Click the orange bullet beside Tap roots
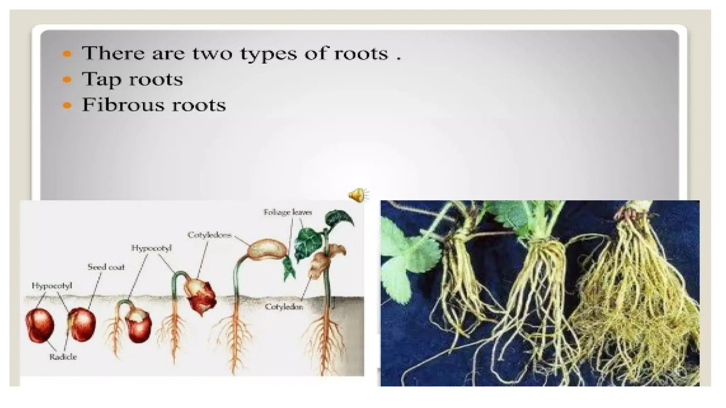[67, 79]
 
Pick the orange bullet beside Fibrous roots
[67, 105]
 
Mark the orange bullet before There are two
[67, 54]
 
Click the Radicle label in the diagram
[63, 357]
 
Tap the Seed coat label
[106, 267]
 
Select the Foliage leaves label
[287, 212]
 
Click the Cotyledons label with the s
[209, 235]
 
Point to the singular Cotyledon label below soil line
[284, 307]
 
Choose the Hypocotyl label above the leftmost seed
[52, 285]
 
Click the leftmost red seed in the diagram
[40, 325]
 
